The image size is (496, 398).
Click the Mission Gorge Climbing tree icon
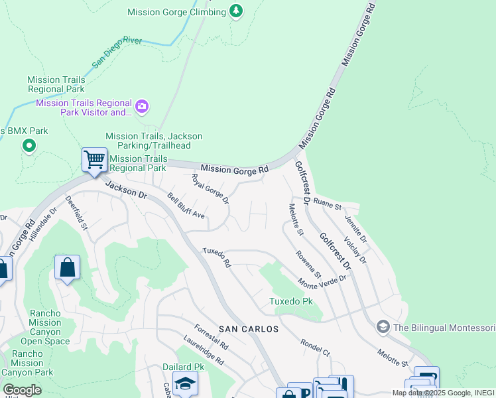click(235, 11)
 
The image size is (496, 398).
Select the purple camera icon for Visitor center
click(142, 106)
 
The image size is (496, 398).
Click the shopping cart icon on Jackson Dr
click(94, 160)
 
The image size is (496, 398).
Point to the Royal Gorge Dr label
click(210, 188)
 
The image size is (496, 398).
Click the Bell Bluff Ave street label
click(186, 206)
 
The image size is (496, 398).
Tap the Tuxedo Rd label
click(216, 258)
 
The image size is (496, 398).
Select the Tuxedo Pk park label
click(290, 301)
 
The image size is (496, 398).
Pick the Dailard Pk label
click(184, 367)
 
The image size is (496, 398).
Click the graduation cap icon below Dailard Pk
click(185, 383)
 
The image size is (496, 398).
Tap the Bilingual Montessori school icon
click(383, 327)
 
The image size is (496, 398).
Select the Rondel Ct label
click(315, 347)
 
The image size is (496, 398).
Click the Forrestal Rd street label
click(212, 336)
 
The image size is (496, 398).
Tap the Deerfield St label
click(76, 212)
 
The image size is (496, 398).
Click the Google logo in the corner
click(23, 390)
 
